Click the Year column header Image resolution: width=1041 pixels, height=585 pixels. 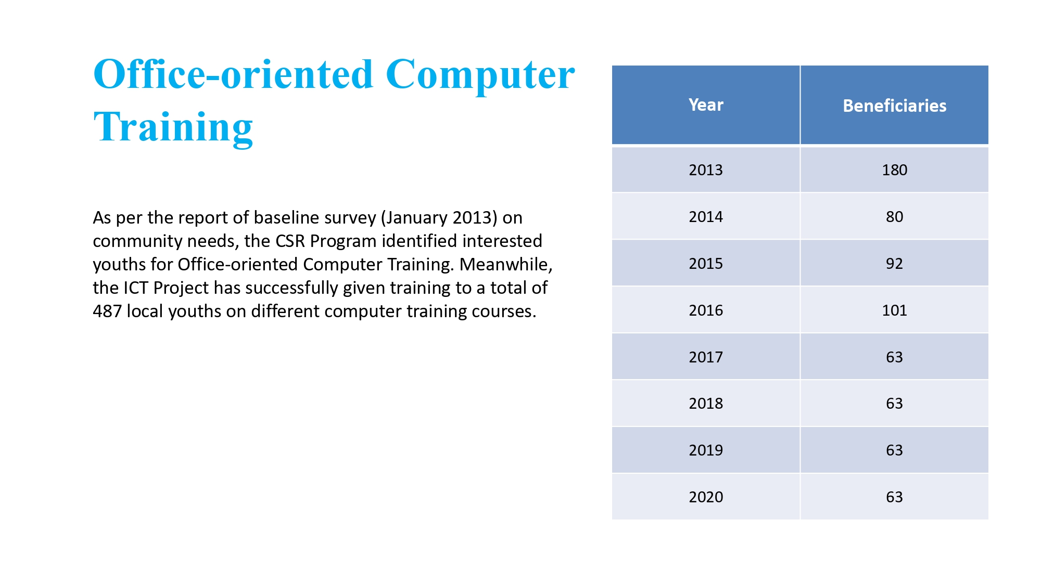point(706,105)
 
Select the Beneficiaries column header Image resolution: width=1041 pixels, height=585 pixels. point(894,106)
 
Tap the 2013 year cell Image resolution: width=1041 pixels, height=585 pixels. point(706,170)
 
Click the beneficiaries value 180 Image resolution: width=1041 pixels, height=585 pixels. point(894,170)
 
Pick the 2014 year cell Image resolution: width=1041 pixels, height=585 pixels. point(706,217)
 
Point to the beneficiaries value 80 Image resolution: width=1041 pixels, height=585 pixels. point(894,217)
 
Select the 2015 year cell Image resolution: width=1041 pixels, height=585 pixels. point(706,264)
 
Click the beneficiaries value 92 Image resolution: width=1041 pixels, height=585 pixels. point(894,264)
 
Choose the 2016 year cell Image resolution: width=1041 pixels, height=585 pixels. point(706,310)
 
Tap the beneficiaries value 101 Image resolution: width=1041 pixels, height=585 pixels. point(894,310)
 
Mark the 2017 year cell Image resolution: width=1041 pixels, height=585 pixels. point(706,357)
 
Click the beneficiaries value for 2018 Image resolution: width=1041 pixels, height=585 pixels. point(894,404)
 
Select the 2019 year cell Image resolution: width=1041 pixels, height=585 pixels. point(706,450)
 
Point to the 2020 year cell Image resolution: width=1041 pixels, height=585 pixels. point(706,497)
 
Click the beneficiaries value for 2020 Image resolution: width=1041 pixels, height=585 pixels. point(894,497)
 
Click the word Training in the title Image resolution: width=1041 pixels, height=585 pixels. point(173,127)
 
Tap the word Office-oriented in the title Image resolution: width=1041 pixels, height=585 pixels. point(233,74)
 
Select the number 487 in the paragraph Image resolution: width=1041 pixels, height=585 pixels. point(107,311)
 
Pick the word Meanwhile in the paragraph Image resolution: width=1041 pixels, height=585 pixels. point(505,265)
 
